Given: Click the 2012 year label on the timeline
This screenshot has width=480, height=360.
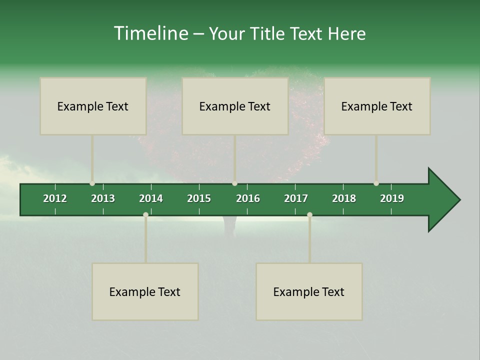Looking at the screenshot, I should tap(55, 198).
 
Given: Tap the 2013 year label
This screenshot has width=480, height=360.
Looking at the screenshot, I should tap(103, 198).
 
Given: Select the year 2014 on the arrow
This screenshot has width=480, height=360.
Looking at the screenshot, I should tap(151, 198).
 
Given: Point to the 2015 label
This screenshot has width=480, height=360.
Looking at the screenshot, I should tap(199, 198).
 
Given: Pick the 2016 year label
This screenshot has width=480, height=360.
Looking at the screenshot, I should tap(248, 198).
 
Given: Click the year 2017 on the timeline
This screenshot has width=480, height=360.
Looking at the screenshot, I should tap(296, 198).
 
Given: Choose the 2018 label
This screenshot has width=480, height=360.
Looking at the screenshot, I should tap(344, 198).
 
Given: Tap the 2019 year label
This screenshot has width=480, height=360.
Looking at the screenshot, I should tap(392, 198).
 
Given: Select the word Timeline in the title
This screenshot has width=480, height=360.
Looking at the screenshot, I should tap(150, 33).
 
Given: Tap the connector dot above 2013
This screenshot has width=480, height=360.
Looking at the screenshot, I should tap(92, 183).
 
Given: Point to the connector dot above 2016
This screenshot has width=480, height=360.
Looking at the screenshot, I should tap(234, 183).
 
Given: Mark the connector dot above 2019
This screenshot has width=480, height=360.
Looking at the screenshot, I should tap(376, 183).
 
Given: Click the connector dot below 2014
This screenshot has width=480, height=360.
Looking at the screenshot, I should tap(145, 215).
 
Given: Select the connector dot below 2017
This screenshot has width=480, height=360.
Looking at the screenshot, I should tap(309, 215).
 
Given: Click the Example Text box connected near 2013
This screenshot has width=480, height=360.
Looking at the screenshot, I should tap(93, 106).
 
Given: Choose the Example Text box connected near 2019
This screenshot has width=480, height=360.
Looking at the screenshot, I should tap(377, 106).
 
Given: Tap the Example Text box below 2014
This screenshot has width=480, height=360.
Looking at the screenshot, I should tap(145, 291).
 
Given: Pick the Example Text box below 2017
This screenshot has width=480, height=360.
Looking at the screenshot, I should tap(309, 291).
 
